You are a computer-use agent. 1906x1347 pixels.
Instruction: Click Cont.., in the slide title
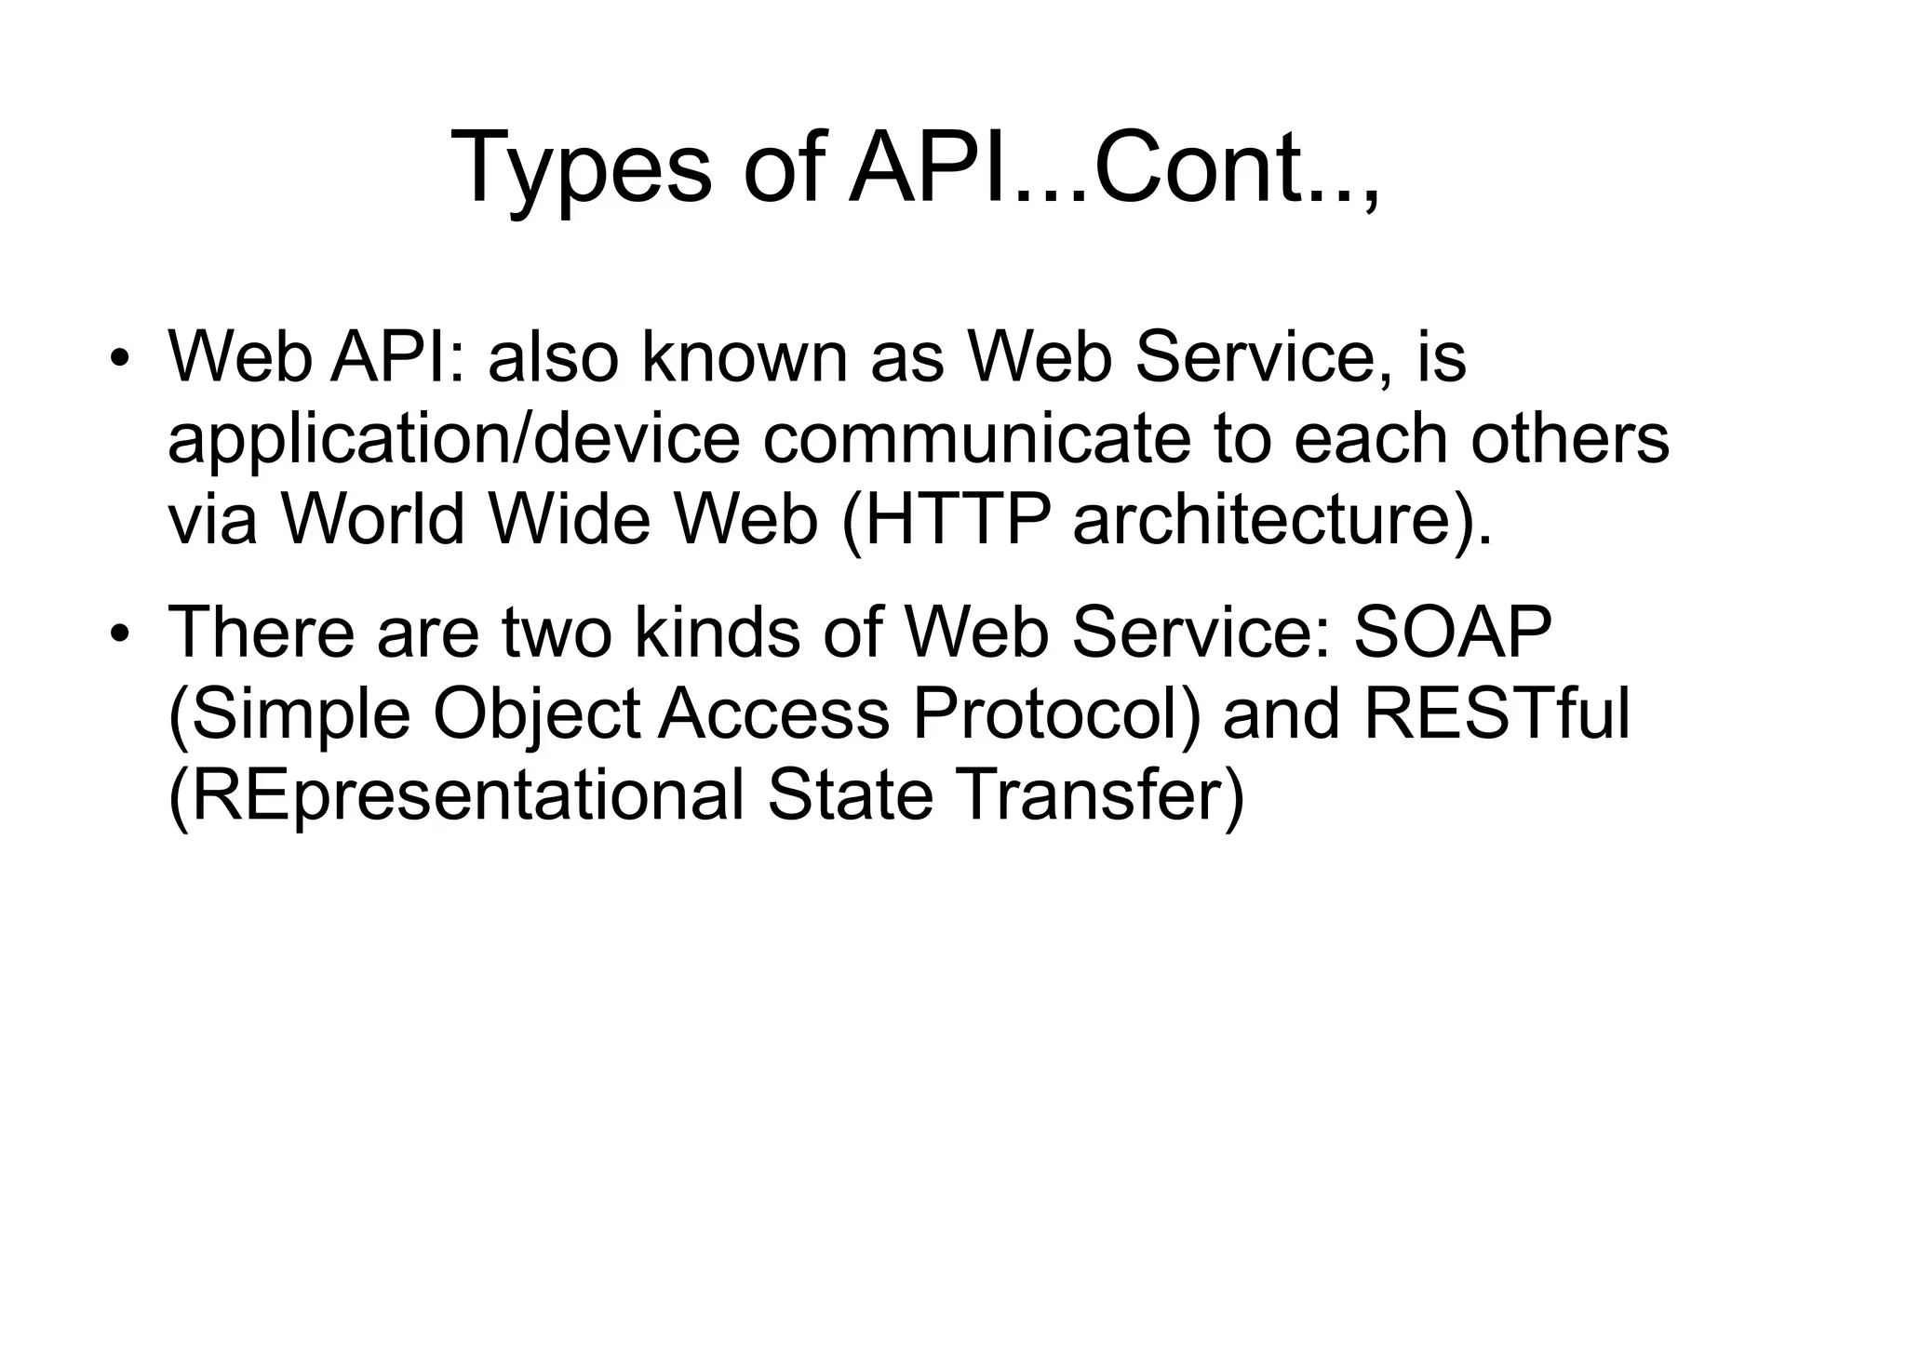click(1238, 167)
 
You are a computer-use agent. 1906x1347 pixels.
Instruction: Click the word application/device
click(453, 440)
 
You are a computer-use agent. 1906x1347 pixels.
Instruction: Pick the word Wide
click(569, 519)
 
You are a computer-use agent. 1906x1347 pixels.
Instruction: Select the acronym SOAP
click(1453, 632)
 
